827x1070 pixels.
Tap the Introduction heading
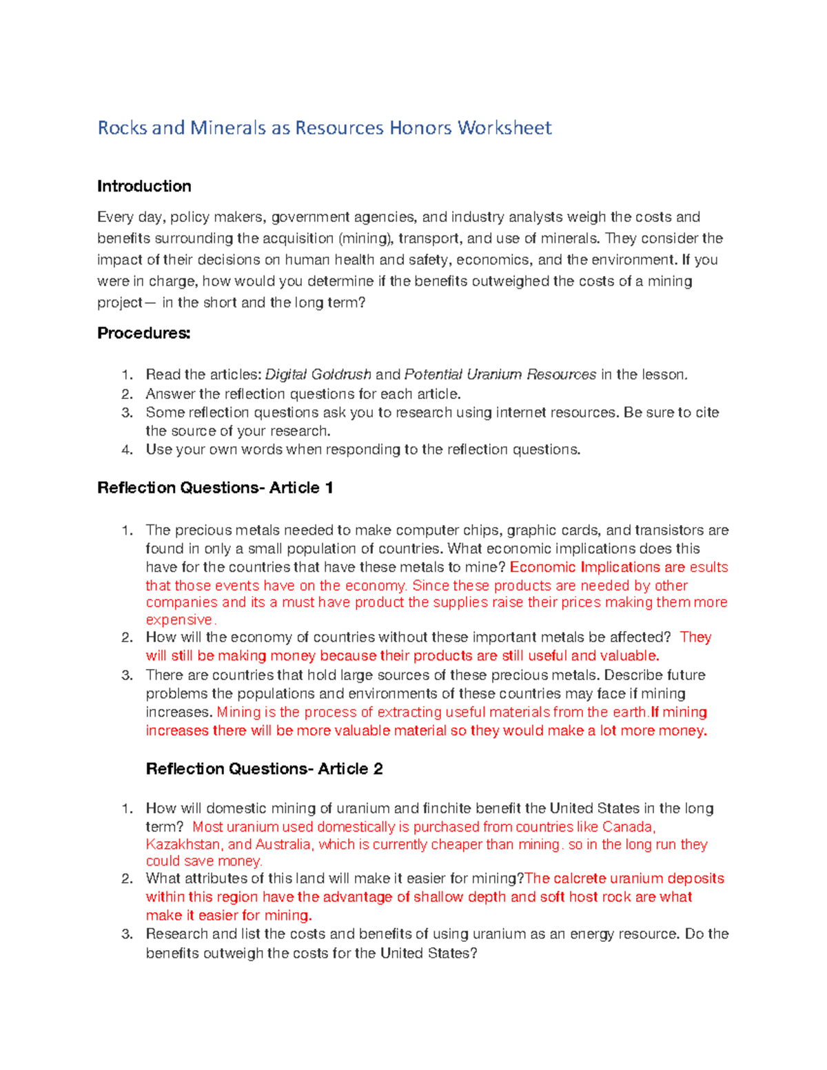tap(144, 186)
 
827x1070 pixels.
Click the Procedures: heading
tap(143, 333)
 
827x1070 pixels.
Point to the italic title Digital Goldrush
tap(318, 375)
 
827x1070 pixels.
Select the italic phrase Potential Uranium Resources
tap(500, 375)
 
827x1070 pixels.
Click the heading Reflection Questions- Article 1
tap(215, 488)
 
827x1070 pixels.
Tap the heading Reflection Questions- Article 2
tap(264, 769)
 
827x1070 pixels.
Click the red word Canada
tap(628, 827)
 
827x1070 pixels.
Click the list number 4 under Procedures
tap(126, 450)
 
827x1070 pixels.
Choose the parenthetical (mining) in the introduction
tap(367, 238)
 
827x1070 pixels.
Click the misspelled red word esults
tap(708, 567)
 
